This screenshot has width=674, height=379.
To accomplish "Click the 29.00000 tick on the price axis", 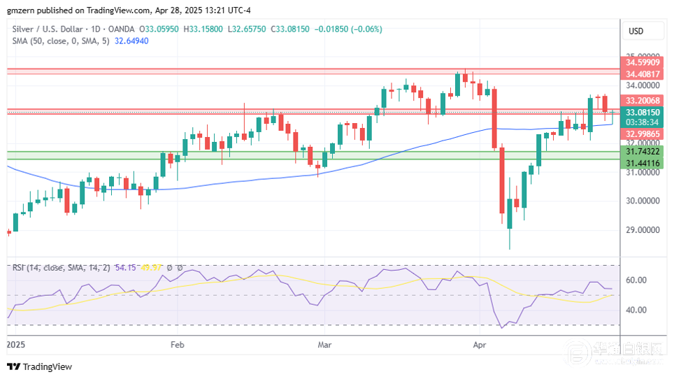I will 643,230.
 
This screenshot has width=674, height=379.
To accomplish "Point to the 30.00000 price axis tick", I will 643,201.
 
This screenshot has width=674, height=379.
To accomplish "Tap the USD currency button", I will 636,31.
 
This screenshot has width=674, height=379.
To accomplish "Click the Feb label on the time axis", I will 177,345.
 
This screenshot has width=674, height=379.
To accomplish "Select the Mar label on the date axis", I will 324,345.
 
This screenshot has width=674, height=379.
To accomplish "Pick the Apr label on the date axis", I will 480,345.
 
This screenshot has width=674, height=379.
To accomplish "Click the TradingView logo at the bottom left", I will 39,367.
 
